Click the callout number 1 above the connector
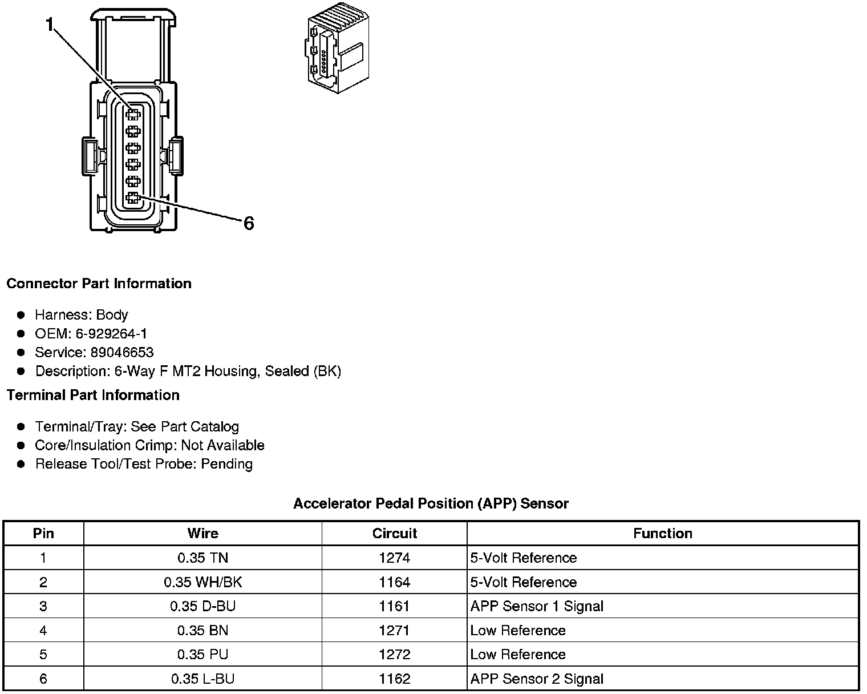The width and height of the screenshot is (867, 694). click(x=50, y=25)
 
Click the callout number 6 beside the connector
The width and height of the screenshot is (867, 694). click(x=248, y=223)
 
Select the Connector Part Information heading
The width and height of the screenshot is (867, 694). click(x=99, y=284)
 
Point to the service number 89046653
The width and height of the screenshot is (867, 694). click(x=121, y=352)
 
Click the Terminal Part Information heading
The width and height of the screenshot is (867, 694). click(x=93, y=395)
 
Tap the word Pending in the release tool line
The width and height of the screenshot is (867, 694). click(x=226, y=463)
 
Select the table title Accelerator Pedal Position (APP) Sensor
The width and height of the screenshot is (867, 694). click(x=431, y=503)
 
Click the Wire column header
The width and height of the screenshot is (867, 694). click(x=202, y=533)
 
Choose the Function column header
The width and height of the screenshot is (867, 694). click(x=662, y=533)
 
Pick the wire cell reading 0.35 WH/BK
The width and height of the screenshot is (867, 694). click(x=202, y=582)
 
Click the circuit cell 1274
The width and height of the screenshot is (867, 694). click(x=394, y=558)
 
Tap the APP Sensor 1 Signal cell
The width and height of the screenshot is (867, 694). click(x=537, y=606)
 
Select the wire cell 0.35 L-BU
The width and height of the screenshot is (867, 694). click(x=202, y=679)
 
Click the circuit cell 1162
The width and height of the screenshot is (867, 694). click(x=394, y=679)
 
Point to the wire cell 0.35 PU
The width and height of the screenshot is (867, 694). click(x=202, y=654)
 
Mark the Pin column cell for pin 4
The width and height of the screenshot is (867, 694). click(x=43, y=630)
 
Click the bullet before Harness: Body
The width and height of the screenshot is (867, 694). click(x=21, y=315)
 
